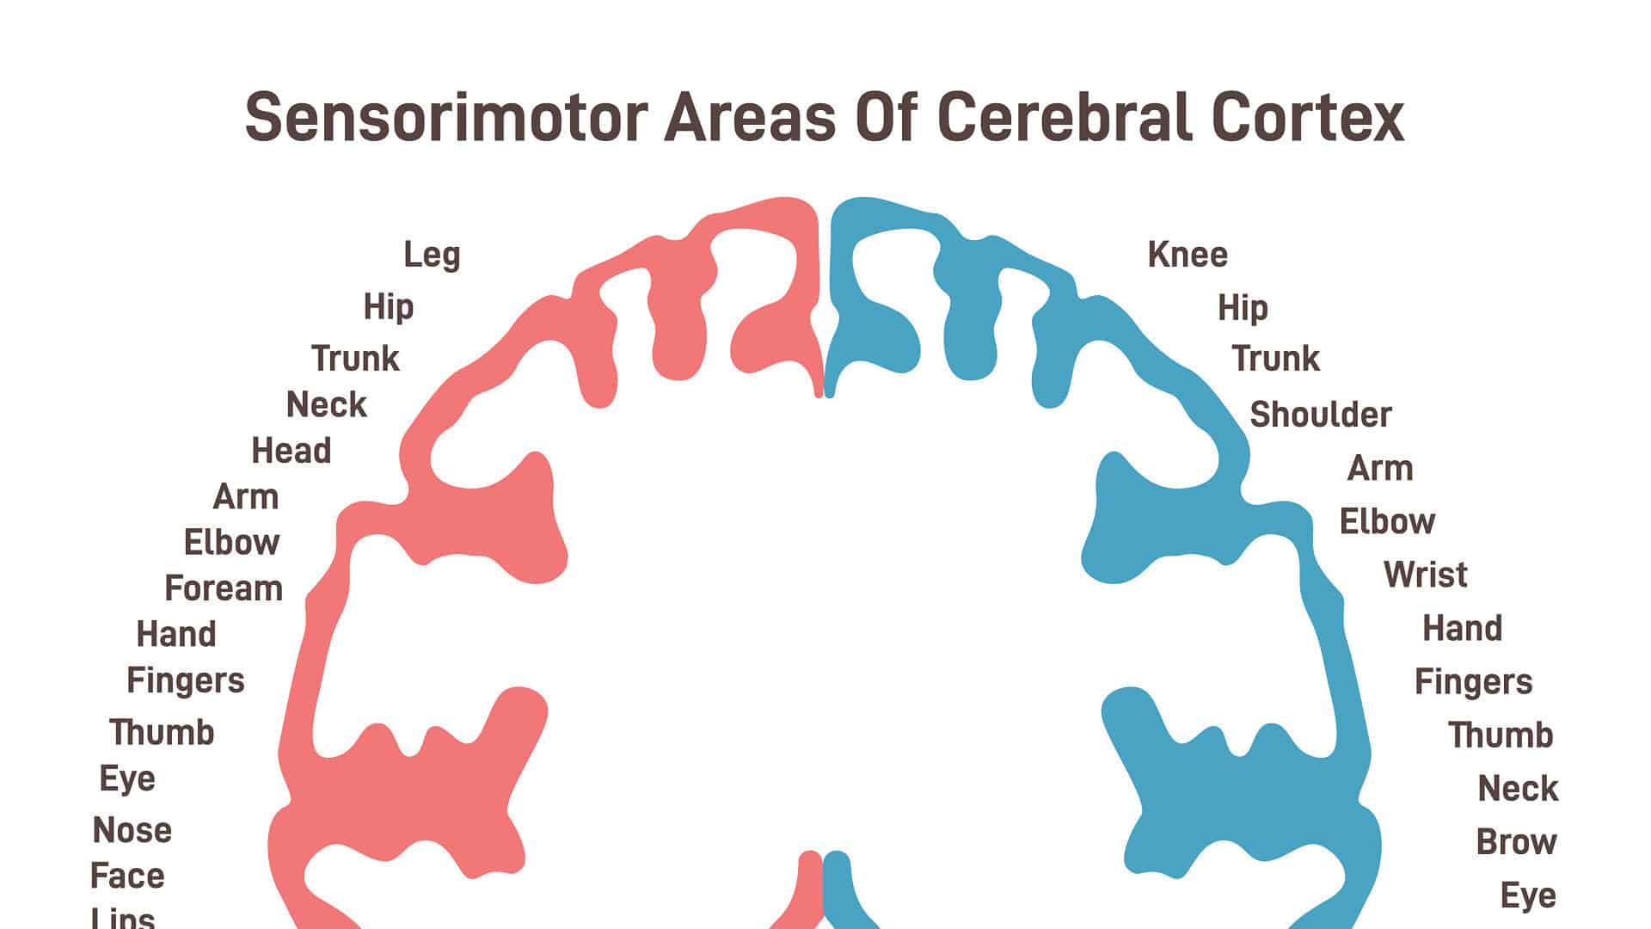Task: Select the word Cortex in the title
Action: point(1308,118)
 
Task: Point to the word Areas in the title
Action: point(750,118)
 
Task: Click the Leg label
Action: point(432,255)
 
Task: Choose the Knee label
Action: point(1188,255)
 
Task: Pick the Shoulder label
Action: point(1320,415)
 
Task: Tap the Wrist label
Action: point(1425,575)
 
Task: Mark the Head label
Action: point(291,451)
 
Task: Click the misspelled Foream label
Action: point(224,588)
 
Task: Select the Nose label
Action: point(132,831)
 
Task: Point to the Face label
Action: point(127,877)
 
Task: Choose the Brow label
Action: point(1516,842)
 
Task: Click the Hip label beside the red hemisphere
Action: point(388,307)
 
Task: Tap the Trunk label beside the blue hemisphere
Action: point(1275,359)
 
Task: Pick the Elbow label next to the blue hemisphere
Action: point(1387,521)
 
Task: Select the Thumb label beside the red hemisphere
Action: point(162,733)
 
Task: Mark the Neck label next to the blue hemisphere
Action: point(1518,789)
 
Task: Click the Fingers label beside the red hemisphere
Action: point(186,680)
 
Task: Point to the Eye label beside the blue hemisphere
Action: point(1528,896)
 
